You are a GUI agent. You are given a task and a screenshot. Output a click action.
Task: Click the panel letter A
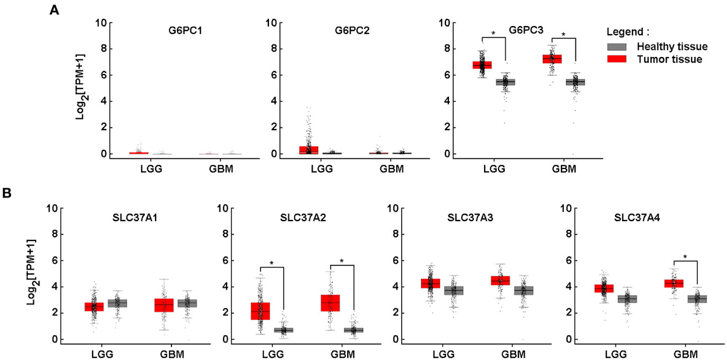(x=54, y=10)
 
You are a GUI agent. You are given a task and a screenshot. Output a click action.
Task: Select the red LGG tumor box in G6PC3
(x=482, y=65)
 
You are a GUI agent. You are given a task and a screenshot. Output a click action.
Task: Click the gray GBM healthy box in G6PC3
(x=576, y=82)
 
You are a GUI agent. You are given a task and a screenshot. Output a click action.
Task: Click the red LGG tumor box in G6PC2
(x=308, y=150)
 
